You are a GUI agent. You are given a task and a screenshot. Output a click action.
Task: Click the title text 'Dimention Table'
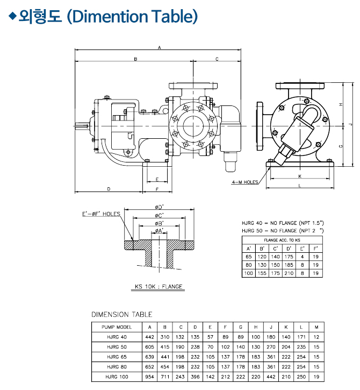pyautogui.click(x=132, y=16)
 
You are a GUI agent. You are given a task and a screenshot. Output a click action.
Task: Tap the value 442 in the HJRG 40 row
pyautogui.click(x=149, y=337)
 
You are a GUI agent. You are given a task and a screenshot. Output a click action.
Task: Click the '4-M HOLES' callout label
pyautogui.click(x=245, y=182)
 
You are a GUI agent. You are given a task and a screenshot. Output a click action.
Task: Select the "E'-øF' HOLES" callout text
pyautogui.click(x=101, y=214)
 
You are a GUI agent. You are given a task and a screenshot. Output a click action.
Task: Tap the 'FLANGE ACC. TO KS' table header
pyautogui.click(x=283, y=239)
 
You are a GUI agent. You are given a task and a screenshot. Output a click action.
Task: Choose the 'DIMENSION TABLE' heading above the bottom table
pyautogui.click(x=121, y=315)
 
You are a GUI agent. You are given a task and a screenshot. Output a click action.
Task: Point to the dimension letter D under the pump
pyautogui.click(x=109, y=189)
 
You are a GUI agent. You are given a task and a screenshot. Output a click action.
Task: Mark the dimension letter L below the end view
pyautogui.click(x=299, y=186)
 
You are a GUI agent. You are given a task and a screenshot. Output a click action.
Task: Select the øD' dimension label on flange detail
pyautogui.click(x=159, y=207)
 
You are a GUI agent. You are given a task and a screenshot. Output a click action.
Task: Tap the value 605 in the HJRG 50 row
pyautogui.click(x=149, y=347)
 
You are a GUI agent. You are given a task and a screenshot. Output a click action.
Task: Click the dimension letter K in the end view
pyautogui.click(x=299, y=176)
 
